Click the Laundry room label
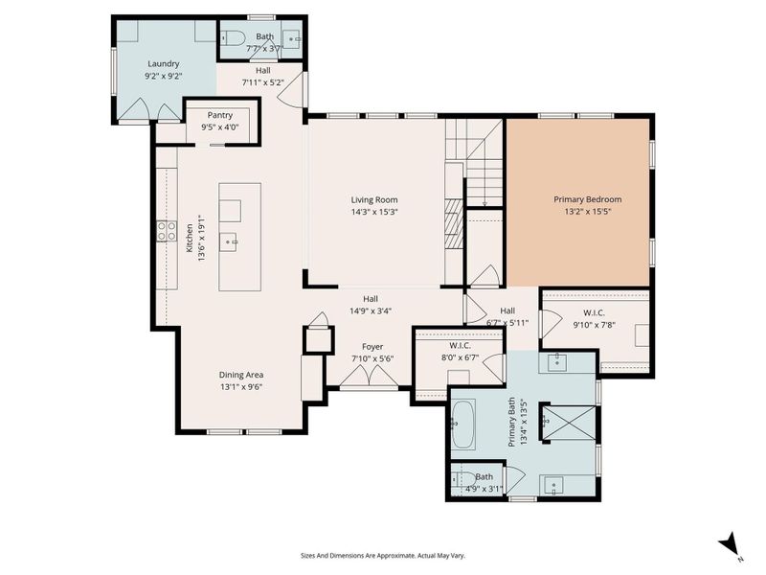pos(163,64)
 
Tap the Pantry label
pos(219,114)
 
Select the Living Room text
pos(373,199)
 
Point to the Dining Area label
pos(241,375)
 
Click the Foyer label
pos(372,346)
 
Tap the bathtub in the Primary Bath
pos(463,425)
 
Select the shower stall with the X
pos(566,421)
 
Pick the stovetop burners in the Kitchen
pos(166,230)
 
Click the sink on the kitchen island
pos(230,241)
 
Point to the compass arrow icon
pos(730,543)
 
